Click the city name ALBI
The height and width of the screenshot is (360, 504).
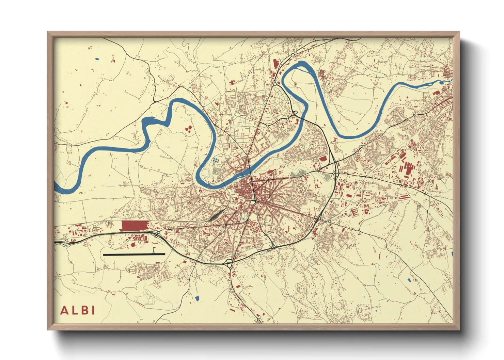[78, 310]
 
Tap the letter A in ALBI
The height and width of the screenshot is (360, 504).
[64, 310]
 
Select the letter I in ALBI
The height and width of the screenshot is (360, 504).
[93, 310]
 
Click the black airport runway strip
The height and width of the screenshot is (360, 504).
[134, 254]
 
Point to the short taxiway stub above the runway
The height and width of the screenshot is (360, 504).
[154, 251]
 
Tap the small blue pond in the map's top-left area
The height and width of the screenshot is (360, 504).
[97, 59]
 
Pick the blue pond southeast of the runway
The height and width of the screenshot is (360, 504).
[197, 298]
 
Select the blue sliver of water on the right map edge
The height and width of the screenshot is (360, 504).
[452, 254]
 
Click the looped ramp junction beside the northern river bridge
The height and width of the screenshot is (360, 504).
[294, 113]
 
